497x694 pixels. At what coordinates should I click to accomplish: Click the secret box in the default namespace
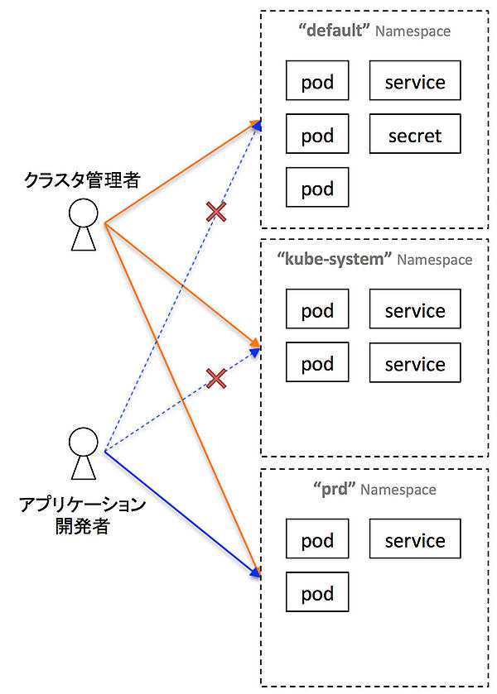[x=415, y=135]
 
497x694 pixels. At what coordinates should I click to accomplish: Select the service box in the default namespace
[x=415, y=82]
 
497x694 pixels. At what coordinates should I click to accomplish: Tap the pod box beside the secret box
[x=317, y=135]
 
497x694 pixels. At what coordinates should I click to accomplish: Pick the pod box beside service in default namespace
[x=317, y=82]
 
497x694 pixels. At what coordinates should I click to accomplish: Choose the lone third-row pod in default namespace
[x=317, y=188]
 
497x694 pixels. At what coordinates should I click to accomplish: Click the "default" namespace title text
[x=334, y=31]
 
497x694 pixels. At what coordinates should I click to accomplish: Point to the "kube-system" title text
[x=335, y=259]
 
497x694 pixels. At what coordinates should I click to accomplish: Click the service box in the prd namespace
[x=415, y=540]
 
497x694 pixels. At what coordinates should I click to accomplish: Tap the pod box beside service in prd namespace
[x=317, y=540]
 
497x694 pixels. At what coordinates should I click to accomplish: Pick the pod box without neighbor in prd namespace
[x=317, y=594]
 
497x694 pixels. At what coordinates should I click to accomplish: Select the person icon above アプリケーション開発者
[x=83, y=454]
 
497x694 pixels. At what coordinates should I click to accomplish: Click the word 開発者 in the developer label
[x=82, y=527]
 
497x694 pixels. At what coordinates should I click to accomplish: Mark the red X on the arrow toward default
[x=215, y=213]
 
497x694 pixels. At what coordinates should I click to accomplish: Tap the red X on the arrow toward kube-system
[x=215, y=379]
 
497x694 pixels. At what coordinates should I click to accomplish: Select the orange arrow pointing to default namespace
[x=182, y=174]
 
